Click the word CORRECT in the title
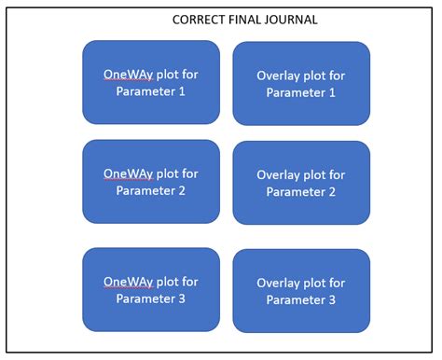[199, 20]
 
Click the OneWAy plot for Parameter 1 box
[151, 82]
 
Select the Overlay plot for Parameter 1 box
[301, 83]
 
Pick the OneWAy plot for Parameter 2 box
[151, 182]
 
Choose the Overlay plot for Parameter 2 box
[301, 183]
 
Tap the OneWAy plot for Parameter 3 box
[151, 290]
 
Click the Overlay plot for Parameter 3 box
[301, 291]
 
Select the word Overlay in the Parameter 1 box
[278, 75]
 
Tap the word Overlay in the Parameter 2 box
[278, 174]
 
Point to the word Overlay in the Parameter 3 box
[278, 283]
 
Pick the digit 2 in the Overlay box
[332, 192]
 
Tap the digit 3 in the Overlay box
[332, 300]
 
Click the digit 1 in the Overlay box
[332, 92]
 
